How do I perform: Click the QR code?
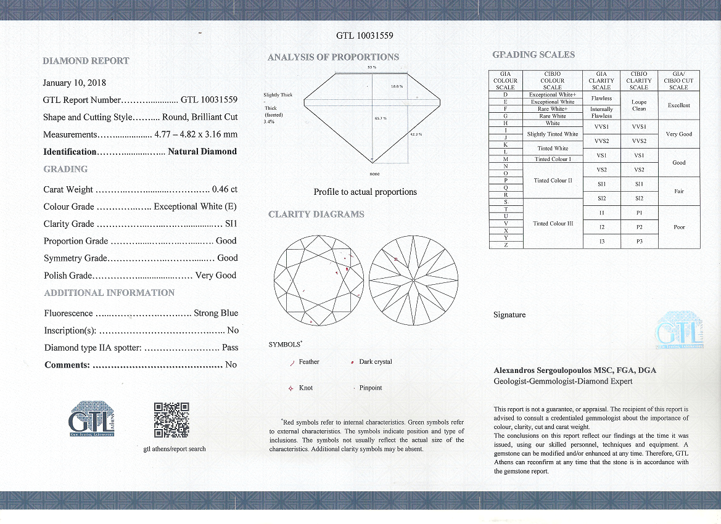pyautogui.click(x=171, y=420)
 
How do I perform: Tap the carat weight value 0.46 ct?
pyautogui.click(x=225, y=189)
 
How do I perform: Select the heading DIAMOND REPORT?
pyautogui.click(x=86, y=60)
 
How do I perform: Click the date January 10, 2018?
pyautogui.click(x=74, y=83)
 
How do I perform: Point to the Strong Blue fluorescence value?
pyautogui.click(x=216, y=313)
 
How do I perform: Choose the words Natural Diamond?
pyautogui.click(x=202, y=152)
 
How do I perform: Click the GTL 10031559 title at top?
pyautogui.click(x=365, y=36)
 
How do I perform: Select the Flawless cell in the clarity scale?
pyautogui.click(x=601, y=98)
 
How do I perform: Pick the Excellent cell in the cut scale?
pyautogui.click(x=678, y=105)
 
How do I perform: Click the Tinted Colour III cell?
pyautogui.click(x=552, y=224)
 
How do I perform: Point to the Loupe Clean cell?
pyautogui.click(x=639, y=105)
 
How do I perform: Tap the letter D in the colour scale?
pyautogui.click(x=505, y=94)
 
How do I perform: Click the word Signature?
pyautogui.click(x=509, y=315)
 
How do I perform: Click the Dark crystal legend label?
pyautogui.click(x=375, y=362)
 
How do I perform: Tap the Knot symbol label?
pyautogui.click(x=306, y=388)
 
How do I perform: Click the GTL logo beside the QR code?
pyautogui.click(x=91, y=419)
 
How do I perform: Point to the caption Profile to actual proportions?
pyautogui.click(x=365, y=192)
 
